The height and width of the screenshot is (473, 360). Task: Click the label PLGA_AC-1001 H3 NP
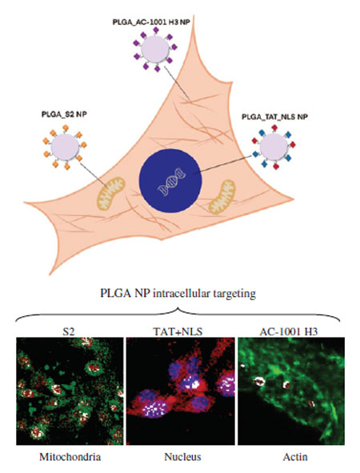[151, 22]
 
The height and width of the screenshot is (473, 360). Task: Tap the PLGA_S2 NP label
[64, 114]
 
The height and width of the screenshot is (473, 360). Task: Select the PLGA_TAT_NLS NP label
[274, 117]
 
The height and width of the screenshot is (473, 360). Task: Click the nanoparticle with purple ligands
[155, 50]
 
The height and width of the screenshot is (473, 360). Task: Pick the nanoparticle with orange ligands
[65, 147]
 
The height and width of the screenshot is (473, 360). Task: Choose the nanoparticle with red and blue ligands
[274, 146]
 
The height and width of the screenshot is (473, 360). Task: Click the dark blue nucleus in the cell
[170, 180]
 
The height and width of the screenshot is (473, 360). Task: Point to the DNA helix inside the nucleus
[171, 182]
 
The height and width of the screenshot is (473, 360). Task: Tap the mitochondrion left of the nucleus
[111, 194]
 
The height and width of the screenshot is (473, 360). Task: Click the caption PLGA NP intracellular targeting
[178, 293]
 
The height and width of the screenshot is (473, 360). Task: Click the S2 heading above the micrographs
[68, 332]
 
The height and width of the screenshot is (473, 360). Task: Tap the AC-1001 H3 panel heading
[289, 332]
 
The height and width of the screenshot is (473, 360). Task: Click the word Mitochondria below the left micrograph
[70, 457]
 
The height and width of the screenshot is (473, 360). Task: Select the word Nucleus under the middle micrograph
[182, 457]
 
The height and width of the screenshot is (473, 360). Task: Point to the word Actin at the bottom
[295, 457]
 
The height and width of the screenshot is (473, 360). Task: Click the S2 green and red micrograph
[70, 391]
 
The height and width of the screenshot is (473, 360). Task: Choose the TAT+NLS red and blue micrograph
[180, 391]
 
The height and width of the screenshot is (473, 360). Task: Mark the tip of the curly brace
[178, 308]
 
